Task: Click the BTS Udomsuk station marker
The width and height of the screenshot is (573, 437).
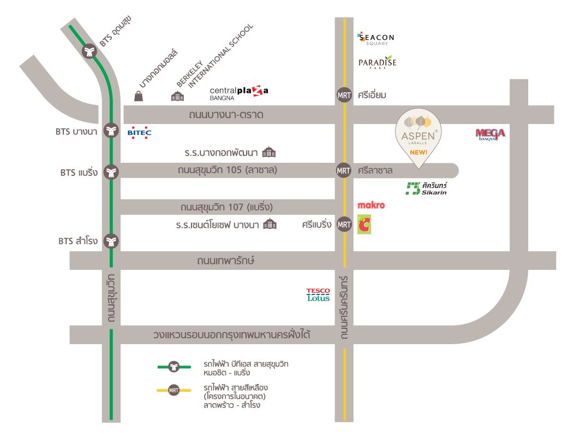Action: pos(89,52)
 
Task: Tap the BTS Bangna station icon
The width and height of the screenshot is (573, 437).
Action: pos(111,131)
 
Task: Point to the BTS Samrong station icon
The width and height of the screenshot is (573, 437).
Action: pos(111,241)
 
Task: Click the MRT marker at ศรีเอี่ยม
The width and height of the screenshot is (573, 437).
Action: pos(343,95)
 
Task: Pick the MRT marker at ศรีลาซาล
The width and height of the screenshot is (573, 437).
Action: pos(343,170)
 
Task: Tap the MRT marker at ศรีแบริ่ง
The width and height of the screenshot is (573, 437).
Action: pos(344,224)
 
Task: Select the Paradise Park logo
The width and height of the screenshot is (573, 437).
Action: pos(377,63)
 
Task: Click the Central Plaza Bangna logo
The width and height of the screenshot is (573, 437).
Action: pos(239,93)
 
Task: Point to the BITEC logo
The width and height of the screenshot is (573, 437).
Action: pos(139,132)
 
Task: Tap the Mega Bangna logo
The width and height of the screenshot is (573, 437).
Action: pos(490,134)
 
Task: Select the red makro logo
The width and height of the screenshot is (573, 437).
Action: pos(371,206)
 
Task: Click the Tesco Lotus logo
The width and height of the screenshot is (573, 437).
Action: pos(318,294)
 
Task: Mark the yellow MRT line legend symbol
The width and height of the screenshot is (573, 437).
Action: pos(174,390)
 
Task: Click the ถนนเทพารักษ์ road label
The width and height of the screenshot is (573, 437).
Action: pos(226,261)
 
